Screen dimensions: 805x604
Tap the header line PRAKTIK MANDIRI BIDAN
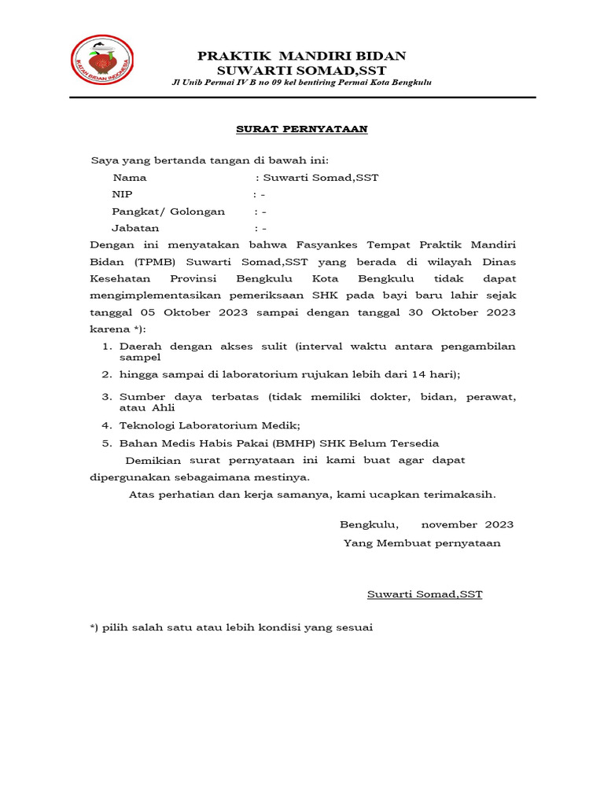click(302, 56)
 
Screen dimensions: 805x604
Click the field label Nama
click(129, 178)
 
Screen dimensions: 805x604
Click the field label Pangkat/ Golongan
click(168, 211)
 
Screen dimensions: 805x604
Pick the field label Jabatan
click(135, 228)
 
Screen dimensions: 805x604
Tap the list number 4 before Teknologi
click(106, 425)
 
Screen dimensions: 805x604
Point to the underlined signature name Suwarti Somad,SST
click(425, 594)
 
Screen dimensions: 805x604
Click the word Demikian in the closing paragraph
click(153, 460)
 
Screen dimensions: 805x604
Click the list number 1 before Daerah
click(106, 347)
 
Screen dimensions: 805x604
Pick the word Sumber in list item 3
click(138, 398)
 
